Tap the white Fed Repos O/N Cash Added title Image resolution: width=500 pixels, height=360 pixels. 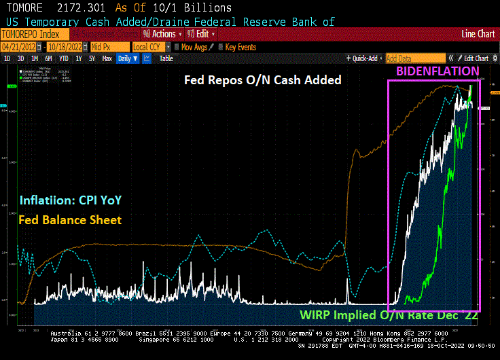[273, 80]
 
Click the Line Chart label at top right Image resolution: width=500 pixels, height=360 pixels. [478, 34]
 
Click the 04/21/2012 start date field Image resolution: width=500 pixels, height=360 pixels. [19, 47]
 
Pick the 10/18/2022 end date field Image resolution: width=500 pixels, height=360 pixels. [67, 47]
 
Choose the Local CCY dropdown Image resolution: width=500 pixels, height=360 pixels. [149, 47]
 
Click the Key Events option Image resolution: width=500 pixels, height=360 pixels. [237, 47]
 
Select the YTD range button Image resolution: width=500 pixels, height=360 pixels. [65, 58]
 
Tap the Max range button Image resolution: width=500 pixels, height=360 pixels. [107, 58]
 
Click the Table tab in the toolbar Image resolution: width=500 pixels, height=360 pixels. [166, 58]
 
